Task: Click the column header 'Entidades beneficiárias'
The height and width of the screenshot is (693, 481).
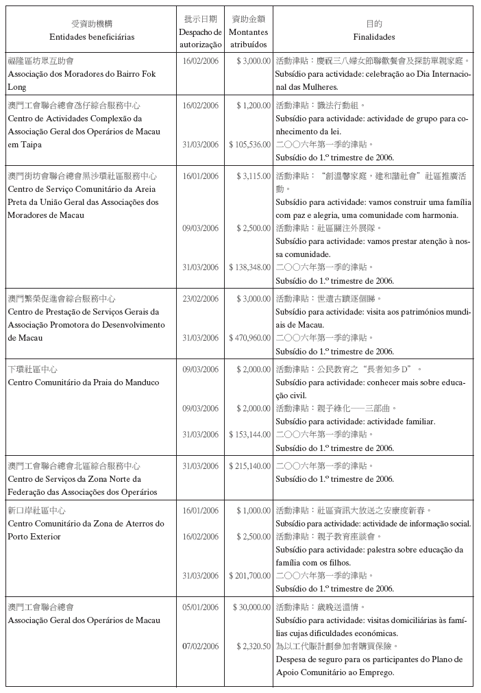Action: tap(92, 36)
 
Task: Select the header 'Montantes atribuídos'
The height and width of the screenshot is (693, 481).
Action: tap(249, 38)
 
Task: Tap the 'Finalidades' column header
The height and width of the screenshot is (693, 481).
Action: tap(374, 36)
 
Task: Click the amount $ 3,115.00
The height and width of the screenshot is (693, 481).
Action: tap(253, 176)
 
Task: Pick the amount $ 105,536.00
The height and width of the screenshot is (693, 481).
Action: tap(249, 145)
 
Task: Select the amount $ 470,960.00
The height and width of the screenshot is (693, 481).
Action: tap(249, 338)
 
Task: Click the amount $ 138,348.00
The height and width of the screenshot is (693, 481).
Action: tap(249, 267)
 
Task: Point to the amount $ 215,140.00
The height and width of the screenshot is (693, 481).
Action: tap(249, 466)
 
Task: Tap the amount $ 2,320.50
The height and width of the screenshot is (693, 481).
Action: tap(253, 646)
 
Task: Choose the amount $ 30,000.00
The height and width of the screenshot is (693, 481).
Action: tap(251, 607)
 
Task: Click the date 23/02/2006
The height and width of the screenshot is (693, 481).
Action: tap(200, 299)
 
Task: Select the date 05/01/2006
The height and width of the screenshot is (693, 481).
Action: tap(200, 607)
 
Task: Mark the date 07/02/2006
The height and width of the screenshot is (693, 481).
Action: tap(200, 646)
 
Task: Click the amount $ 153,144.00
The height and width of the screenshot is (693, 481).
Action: tap(249, 435)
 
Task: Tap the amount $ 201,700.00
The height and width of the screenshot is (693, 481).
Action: tap(249, 575)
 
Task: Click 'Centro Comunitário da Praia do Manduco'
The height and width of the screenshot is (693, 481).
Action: tap(83, 382)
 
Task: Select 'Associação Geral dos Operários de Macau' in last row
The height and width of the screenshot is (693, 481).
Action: tap(84, 620)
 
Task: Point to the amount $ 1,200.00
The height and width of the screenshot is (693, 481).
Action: tap(253, 106)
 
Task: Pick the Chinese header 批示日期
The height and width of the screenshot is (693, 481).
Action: tap(200, 19)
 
